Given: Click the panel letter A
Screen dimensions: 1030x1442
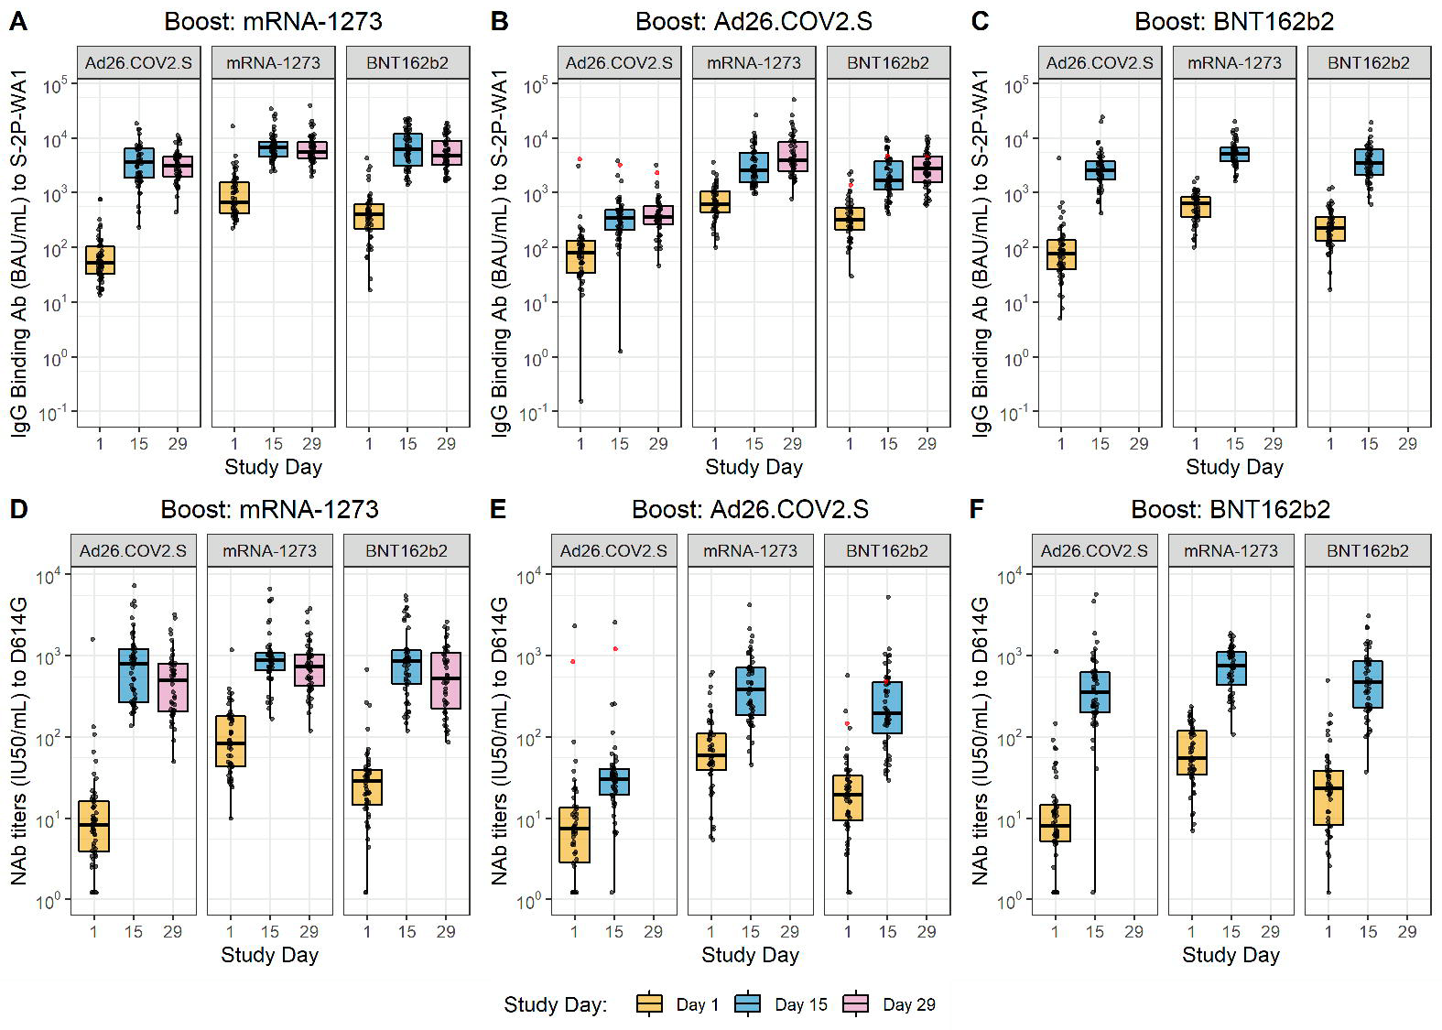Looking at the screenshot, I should (x=17, y=21).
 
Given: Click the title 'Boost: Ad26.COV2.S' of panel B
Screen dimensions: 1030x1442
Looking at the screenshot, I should (x=754, y=21).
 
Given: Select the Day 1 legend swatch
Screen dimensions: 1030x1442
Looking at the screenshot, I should (x=649, y=1004).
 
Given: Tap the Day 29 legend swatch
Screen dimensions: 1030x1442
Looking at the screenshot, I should (x=856, y=1004).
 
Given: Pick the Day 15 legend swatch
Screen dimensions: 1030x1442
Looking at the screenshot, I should (x=748, y=1004).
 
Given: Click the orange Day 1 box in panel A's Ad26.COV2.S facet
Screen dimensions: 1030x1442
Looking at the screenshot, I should (x=100, y=260).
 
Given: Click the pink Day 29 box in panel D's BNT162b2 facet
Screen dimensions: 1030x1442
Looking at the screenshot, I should (x=446, y=680).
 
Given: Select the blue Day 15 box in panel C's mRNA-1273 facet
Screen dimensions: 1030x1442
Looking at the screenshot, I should (x=1234, y=154).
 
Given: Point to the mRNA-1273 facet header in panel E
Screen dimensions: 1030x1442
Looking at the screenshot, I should (x=750, y=551).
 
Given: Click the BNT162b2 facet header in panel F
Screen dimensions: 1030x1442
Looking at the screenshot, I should (x=1368, y=551).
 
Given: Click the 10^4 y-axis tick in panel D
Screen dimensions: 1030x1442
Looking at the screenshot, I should (x=48, y=576).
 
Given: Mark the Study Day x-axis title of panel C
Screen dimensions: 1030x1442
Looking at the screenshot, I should (x=1234, y=467).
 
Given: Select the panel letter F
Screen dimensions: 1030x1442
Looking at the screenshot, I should (x=977, y=509).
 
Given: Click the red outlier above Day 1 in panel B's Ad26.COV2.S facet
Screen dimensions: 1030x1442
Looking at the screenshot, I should (x=580, y=159).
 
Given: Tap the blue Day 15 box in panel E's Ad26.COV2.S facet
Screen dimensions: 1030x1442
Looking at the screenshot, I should (x=614, y=782).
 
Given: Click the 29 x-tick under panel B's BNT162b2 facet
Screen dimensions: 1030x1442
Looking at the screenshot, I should (x=927, y=444).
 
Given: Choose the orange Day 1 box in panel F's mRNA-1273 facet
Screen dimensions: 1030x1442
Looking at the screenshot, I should (x=1192, y=753).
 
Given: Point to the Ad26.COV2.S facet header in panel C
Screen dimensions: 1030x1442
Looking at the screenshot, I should (x=1100, y=63).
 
